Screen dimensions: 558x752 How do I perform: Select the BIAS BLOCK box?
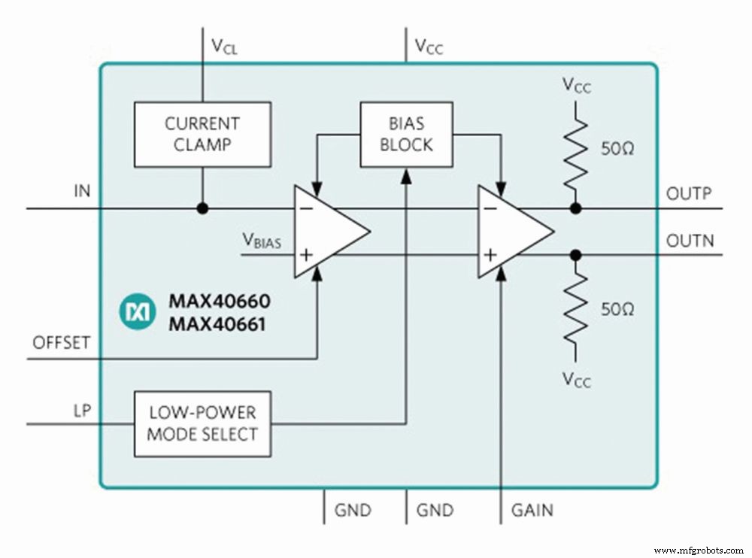[x=406, y=134]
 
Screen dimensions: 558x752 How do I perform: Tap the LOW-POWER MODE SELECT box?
[x=202, y=423]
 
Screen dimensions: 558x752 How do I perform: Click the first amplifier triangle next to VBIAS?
[x=328, y=230]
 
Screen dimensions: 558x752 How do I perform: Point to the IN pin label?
[x=81, y=191]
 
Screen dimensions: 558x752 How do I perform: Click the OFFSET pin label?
[x=61, y=343]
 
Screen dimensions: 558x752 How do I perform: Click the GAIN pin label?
[x=532, y=511]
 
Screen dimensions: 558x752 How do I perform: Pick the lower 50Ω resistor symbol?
[x=576, y=309]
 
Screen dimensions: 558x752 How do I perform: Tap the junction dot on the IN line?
[x=202, y=208]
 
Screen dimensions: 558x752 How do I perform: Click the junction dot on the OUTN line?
[x=576, y=255]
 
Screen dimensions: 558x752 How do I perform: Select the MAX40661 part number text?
[x=218, y=326]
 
